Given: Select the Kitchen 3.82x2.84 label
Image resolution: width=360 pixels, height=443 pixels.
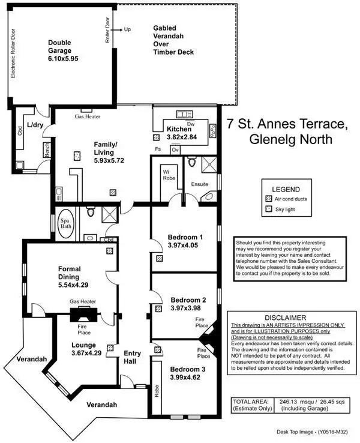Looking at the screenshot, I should (179, 133).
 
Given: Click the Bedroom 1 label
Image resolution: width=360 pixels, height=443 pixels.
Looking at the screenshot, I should (186, 241).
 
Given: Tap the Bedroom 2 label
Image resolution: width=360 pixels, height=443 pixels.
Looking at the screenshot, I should (188, 304).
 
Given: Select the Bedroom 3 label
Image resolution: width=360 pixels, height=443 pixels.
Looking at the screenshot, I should (187, 374).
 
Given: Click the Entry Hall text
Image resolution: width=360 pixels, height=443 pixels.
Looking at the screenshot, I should (132, 358).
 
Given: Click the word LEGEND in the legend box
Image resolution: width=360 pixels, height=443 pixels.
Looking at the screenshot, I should (286, 189).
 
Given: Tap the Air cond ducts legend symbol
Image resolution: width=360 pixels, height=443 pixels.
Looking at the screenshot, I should (268, 198).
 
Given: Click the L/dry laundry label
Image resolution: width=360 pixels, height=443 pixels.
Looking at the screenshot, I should (35, 124).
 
